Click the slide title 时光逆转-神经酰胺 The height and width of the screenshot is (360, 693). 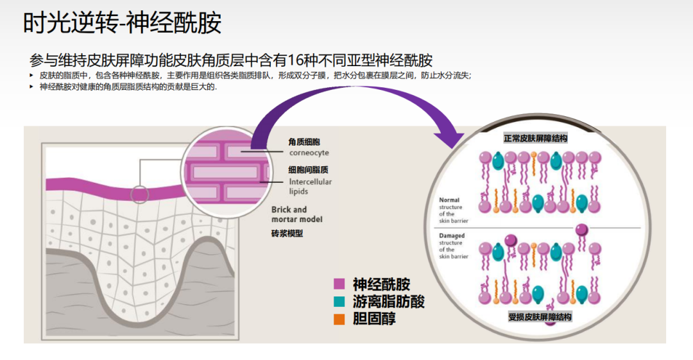(123, 24)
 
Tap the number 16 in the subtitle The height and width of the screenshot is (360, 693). (296, 60)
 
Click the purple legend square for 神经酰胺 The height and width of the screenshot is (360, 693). (339, 284)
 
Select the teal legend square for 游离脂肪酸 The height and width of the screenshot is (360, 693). (339, 301)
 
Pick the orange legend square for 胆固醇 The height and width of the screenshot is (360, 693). (339, 318)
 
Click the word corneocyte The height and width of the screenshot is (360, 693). (309, 153)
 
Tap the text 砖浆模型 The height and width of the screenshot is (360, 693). (287, 234)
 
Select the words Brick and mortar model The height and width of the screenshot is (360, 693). (296, 214)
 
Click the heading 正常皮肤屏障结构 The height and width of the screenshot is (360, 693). (535, 138)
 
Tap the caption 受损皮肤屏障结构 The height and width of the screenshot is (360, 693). (540, 317)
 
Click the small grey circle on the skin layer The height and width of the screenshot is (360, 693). (140, 194)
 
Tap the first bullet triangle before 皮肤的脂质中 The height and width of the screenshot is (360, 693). (31, 76)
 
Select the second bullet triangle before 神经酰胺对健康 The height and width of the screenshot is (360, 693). (31, 86)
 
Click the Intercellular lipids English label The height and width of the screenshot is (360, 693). (311, 187)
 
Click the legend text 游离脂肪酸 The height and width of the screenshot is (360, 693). (389, 301)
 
